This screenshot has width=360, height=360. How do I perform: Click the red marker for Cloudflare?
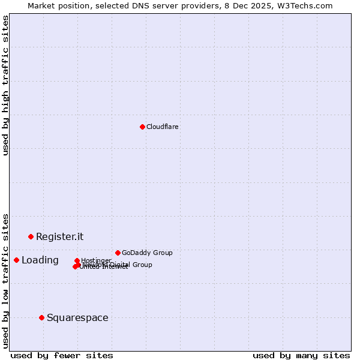click(142, 127)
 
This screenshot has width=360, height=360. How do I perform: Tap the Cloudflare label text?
click(163, 127)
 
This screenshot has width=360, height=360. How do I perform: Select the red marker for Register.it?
click(31, 236)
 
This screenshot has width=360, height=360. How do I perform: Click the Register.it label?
click(59, 236)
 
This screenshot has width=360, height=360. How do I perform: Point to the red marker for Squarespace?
click(41, 317)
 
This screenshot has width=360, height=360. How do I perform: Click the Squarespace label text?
click(77, 317)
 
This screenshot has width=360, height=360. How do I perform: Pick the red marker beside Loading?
click(16, 260)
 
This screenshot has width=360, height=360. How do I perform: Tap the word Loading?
click(40, 260)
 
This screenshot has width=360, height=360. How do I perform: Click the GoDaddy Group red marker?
click(118, 253)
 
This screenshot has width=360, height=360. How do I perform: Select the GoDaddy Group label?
click(147, 253)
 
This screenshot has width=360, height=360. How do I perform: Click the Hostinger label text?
click(97, 260)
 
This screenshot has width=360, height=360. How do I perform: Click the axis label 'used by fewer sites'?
click(62, 355)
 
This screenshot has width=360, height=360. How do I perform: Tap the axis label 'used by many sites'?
click(301, 355)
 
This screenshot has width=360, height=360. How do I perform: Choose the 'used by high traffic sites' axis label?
click(6, 85)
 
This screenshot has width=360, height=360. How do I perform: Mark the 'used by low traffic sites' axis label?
click(6, 280)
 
